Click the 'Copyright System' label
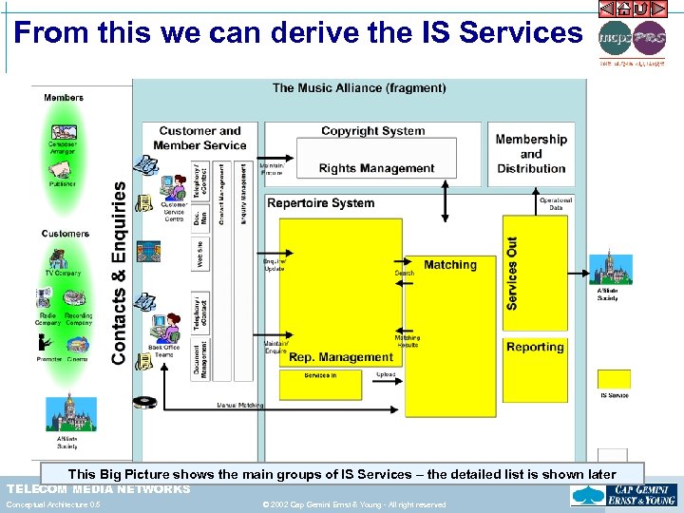tap(372, 131)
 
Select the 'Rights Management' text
tap(376, 169)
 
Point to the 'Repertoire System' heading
tap(321, 203)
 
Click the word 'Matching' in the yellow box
tap(450, 265)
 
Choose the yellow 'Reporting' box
tap(535, 348)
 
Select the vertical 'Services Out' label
tap(513, 274)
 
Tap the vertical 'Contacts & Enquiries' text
tap(119, 274)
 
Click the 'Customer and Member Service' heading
tap(199, 139)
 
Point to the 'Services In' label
tap(319, 375)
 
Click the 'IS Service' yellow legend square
tap(614, 380)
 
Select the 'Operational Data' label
tap(556, 204)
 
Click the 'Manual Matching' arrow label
tap(239, 406)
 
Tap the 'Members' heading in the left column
tap(64, 98)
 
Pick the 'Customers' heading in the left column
tap(66, 234)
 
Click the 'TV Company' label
tap(63, 274)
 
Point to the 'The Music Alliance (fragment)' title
tap(359, 88)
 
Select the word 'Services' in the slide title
tap(520, 33)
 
